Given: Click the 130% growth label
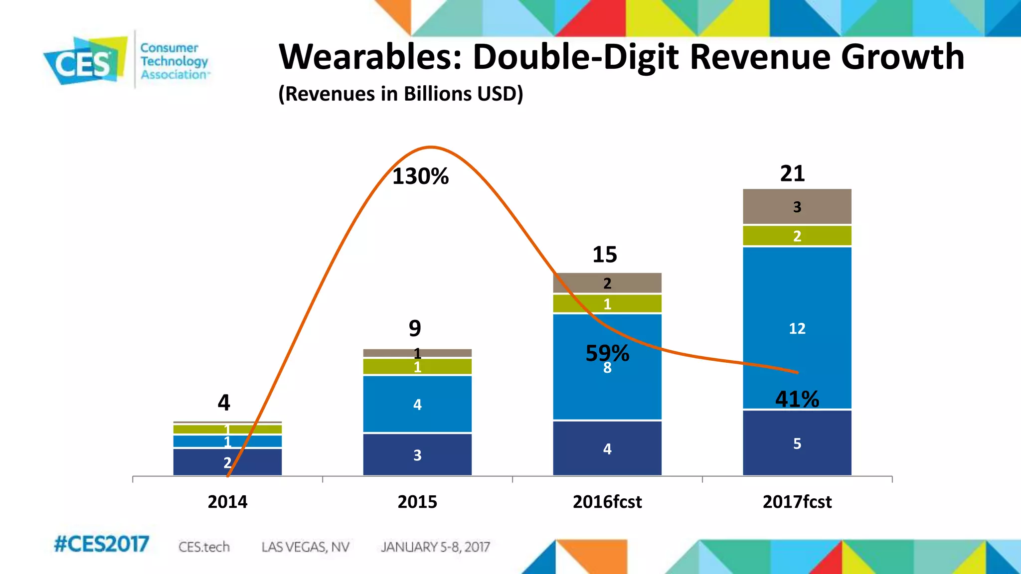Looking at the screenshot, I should tap(420, 176).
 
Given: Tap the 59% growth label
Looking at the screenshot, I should tap(607, 353).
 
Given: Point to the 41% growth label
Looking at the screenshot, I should tap(797, 399).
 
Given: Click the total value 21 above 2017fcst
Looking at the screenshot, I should tap(792, 173).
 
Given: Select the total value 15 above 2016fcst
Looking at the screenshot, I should tap(604, 255).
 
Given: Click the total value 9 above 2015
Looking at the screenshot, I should tap(415, 328).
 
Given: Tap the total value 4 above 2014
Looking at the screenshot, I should tap(224, 402).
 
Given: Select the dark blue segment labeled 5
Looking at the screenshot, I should tap(797, 443).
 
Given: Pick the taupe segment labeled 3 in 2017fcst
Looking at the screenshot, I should tap(797, 207).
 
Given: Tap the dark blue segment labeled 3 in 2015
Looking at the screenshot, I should tap(417, 454).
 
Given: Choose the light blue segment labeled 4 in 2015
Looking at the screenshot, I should tap(417, 404).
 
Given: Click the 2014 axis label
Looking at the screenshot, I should tap(227, 501).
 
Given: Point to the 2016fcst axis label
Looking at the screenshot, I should tap(607, 501).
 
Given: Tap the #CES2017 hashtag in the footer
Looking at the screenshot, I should tap(101, 544).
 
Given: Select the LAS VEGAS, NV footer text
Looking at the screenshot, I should tap(305, 547).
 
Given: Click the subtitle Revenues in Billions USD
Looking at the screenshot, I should tap(400, 94).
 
